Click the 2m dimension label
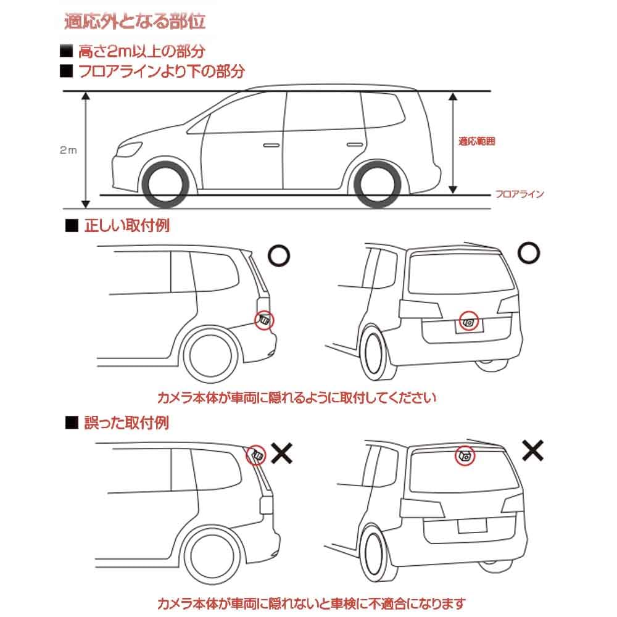pos(68,150)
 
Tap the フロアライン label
pos(520,194)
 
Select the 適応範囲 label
pos(477,141)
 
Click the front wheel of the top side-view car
pos(165,184)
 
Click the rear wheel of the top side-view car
pos(375,184)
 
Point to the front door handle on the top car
pos(270,146)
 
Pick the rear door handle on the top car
pos(353,144)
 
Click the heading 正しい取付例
pos(126,225)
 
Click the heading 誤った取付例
pos(126,423)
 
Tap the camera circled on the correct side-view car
pos(264,319)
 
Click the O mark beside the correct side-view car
pos(280,255)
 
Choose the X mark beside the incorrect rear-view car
pos(532,450)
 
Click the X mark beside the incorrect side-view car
pos(281,455)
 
